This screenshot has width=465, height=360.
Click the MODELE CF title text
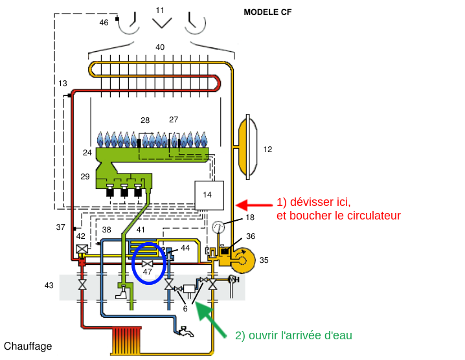[x=267, y=12]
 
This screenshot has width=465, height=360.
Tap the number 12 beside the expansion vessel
[x=267, y=149]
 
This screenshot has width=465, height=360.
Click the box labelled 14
[x=209, y=195]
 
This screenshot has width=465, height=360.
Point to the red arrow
[x=253, y=205]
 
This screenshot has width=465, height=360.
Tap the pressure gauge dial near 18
[x=218, y=228]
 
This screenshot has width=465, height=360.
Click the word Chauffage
[x=28, y=346]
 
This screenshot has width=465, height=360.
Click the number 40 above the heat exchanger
[x=160, y=47]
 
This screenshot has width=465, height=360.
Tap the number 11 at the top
[x=160, y=10]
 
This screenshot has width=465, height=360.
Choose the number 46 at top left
[x=104, y=23]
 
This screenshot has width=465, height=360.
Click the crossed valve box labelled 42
[x=82, y=249]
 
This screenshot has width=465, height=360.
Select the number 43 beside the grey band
[x=49, y=286]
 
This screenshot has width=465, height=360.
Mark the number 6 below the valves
[x=185, y=309]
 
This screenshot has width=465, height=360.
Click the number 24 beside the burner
[x=87, y=153]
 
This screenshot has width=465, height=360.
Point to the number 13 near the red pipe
[x=62, y=84]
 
